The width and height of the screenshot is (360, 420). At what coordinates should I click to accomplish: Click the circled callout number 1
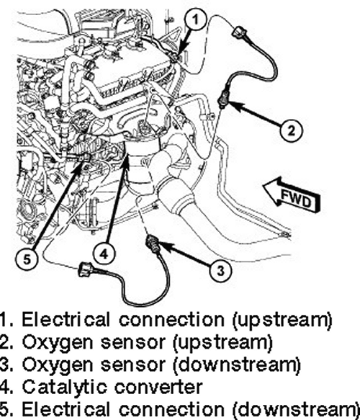coord(195,20)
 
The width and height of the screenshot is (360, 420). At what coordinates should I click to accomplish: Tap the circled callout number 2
coord(291,130)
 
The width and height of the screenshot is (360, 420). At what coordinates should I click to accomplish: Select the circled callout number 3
coord(220,270)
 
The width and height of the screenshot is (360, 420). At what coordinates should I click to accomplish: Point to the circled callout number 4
coord(104,253)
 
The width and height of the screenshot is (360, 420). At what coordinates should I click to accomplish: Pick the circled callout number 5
coord(27,259)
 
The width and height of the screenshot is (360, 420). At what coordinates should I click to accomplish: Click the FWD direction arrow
coord(292,195)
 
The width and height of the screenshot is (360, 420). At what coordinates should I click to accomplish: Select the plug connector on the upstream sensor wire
coord(238,32)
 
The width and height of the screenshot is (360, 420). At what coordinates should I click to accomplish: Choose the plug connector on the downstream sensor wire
coord(86,269)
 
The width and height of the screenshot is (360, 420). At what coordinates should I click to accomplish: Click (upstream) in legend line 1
coord(282,320)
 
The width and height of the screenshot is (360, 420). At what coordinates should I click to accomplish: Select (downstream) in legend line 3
coord(237,365)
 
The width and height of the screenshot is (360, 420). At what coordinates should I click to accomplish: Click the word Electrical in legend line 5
coord(66,409)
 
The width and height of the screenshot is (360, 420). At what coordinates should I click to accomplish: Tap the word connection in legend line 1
coord(171,320)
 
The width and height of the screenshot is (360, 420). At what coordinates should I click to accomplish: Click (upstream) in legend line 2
coord(223,343)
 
